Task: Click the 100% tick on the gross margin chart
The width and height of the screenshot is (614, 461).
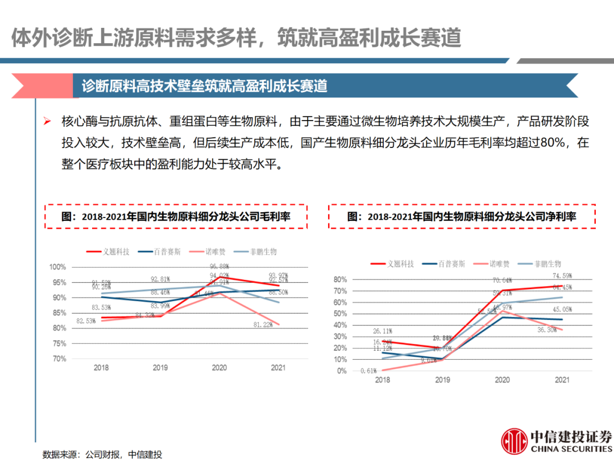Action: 58,267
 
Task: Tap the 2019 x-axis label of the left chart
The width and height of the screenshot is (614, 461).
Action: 160,368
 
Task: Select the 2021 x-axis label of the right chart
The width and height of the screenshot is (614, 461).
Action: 562,380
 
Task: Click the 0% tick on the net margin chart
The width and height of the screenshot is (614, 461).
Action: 340,371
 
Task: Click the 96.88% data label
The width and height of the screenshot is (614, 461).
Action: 219,266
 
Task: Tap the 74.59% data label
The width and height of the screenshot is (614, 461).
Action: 562,277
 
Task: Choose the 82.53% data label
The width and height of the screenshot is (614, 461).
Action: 86,321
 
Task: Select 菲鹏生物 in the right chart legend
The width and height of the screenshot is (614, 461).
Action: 547,264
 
